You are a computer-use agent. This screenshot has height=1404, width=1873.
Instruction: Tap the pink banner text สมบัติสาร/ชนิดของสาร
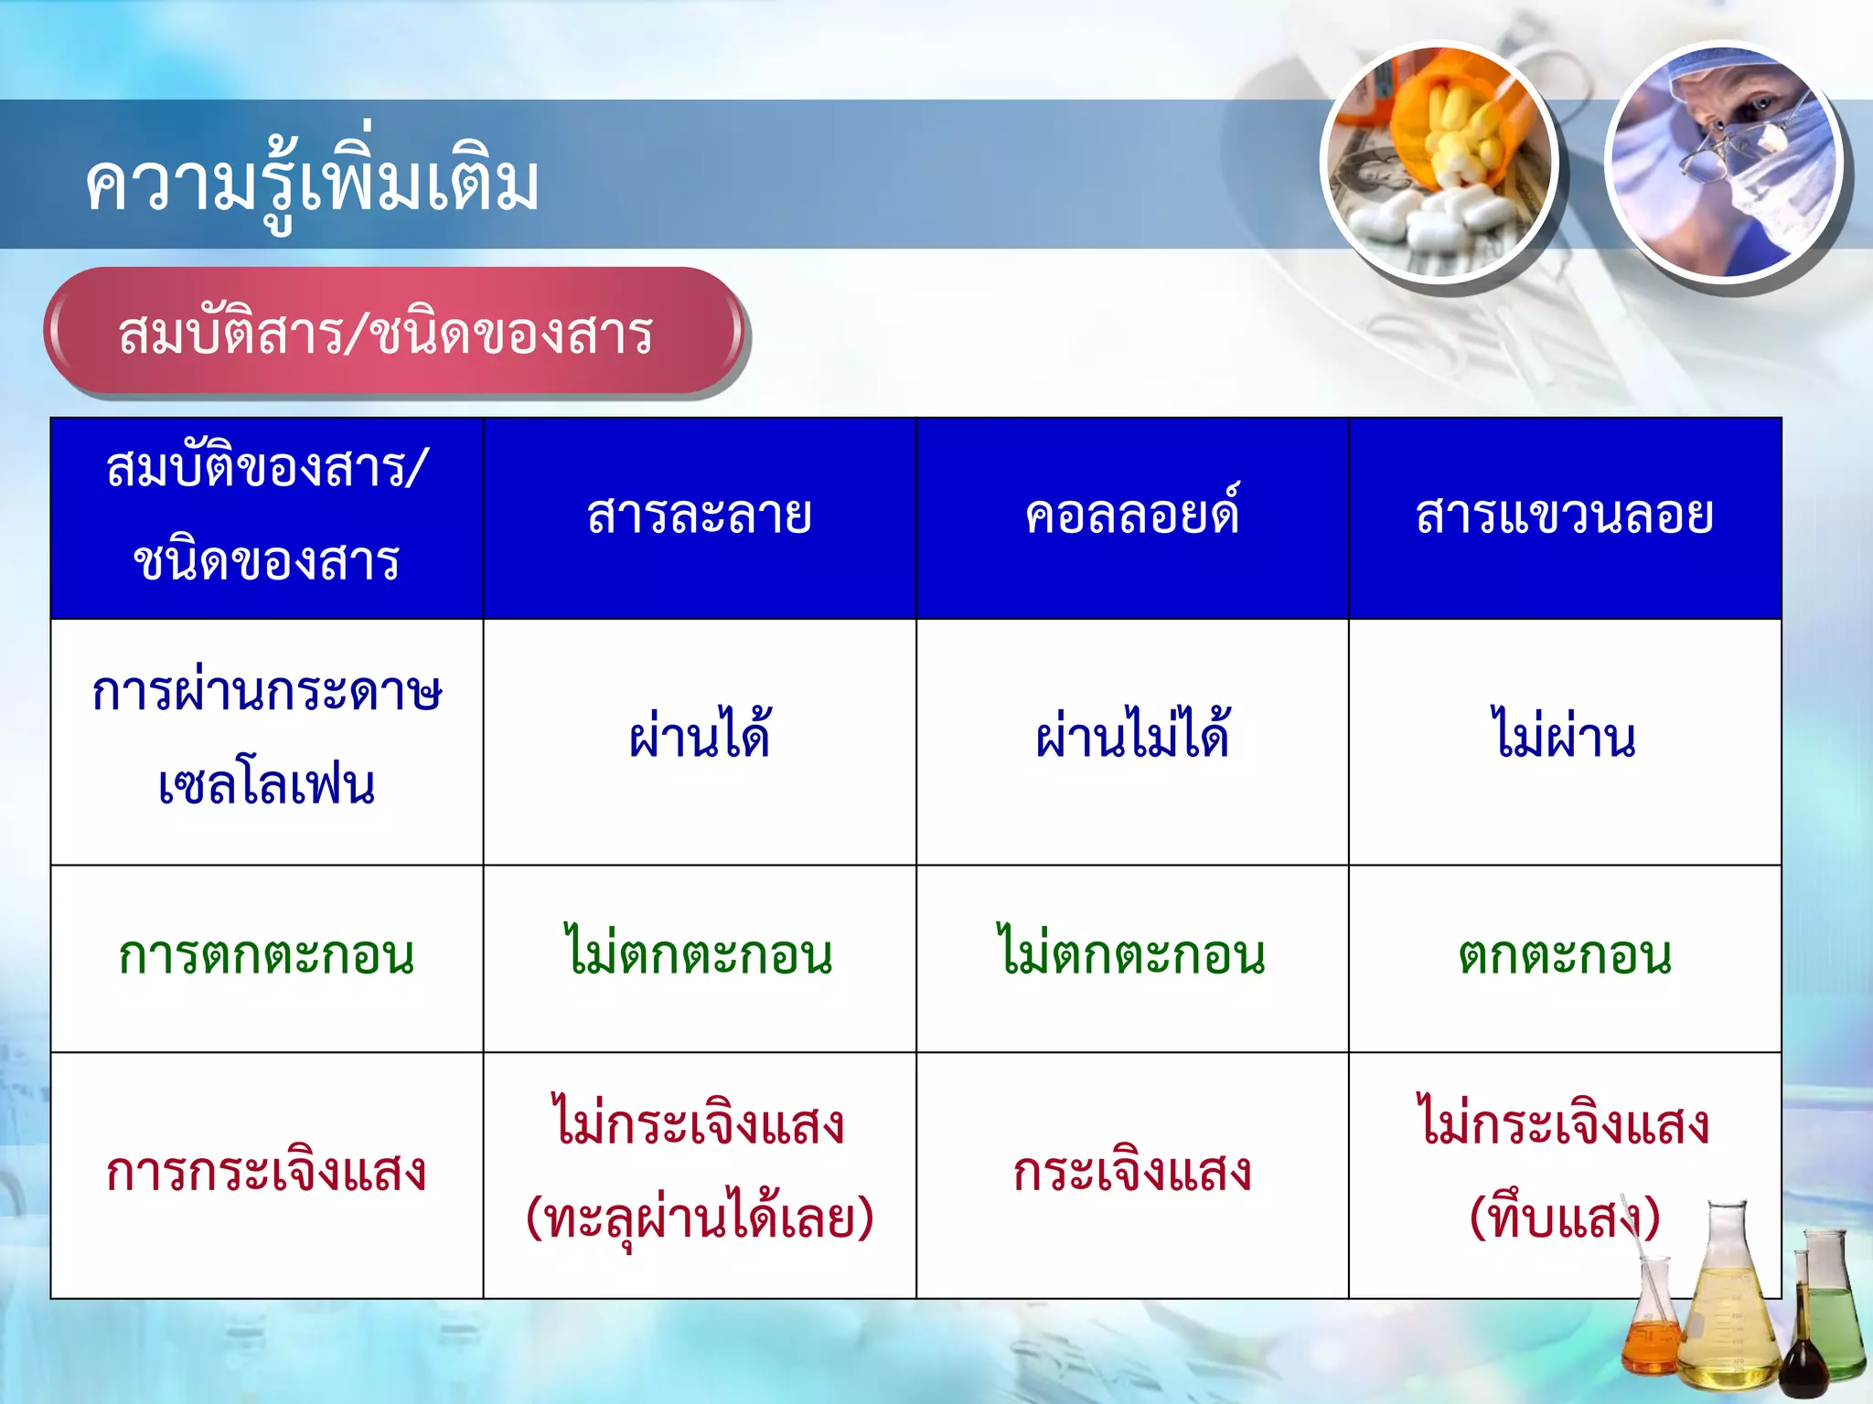tap(385, 334)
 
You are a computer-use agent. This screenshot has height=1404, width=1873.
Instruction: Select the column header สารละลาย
tap(700, 516)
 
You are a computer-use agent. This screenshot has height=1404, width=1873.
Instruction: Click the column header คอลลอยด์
tap(1132, 516)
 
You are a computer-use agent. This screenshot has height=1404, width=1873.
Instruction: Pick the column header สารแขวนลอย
tap(1565, 516)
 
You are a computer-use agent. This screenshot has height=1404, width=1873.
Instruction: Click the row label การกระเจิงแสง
tap(266, 1173)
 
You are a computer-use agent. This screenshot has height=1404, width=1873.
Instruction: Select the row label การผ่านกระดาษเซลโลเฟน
tap(266, 739)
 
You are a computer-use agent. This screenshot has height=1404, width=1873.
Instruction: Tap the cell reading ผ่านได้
tap(700, 737)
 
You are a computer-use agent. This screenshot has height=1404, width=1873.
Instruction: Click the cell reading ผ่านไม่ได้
tap(1132, 737)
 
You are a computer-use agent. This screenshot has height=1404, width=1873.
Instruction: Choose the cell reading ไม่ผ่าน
tap(1565, 737)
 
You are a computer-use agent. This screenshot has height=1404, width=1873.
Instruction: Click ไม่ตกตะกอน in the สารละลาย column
tap(700, 955)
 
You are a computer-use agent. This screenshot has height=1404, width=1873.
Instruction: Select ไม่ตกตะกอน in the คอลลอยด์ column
tap(1132, 955)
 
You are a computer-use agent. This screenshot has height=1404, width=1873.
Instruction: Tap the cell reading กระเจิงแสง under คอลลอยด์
tap(1132, 1173)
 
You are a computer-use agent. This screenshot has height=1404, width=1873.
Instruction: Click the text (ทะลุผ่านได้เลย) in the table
tap(700, 1219)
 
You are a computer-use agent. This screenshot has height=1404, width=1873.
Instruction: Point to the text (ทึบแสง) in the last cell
tap(1565, 1219)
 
